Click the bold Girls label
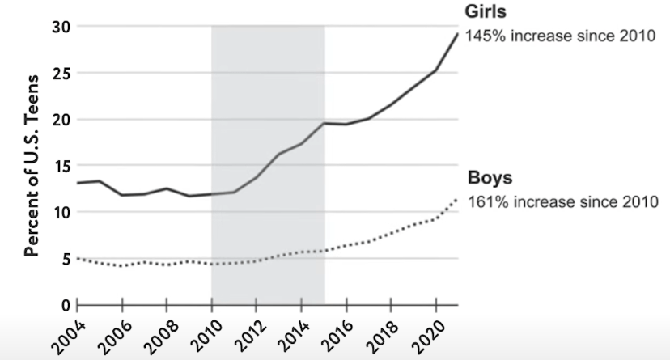[x=486, y=11]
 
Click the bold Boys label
[x=489, y=179]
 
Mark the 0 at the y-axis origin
[x=66, y=305]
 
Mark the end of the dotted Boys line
[x=457, y=199]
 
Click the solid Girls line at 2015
[x=324, y=123]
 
